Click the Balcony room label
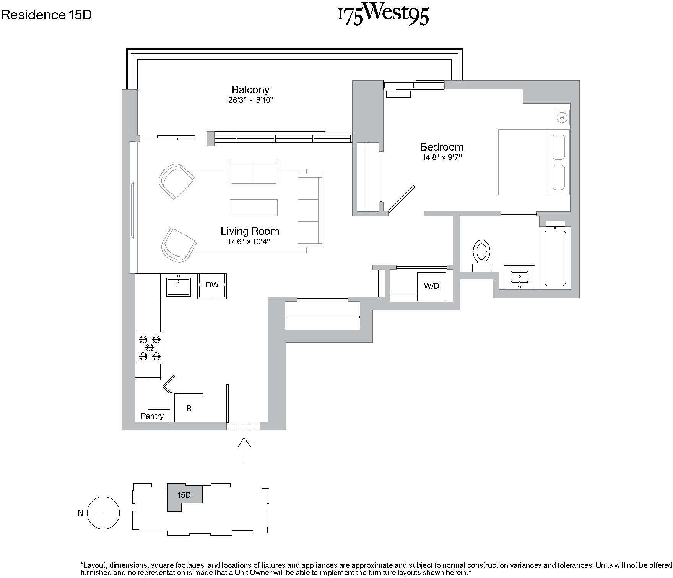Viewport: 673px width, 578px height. coord(250,90)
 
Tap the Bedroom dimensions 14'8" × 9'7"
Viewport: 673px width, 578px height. coord(442,157)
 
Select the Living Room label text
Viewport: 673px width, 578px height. coord(250,231)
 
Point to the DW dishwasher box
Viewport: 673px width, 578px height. coord(212,286)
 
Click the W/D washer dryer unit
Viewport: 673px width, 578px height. coord(431,286)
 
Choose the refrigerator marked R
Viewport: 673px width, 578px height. coord(189,408)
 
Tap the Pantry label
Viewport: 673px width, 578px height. coord(152,416)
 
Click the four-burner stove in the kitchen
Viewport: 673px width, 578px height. coord(149,347)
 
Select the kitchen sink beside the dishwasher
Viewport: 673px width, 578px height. coord(179,287)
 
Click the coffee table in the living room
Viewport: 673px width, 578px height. coord(254,208)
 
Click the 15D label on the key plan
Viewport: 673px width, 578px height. coord(184,495)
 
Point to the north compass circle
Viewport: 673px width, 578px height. coord(104,513)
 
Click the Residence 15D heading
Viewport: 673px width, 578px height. coord(46,15)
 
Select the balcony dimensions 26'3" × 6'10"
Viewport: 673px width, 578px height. coord(250,101)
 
